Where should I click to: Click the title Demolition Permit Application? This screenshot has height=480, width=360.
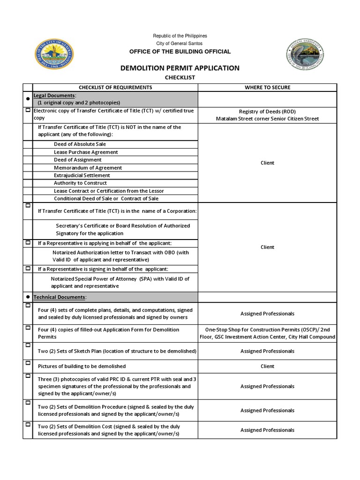coord(180,68)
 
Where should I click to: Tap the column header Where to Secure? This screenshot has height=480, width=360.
coord(267,87)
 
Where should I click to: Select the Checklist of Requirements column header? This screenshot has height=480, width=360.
coord(115,87)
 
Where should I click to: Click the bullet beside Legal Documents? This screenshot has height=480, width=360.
coord(28,99)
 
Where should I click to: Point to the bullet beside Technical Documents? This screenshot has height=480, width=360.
coord(28,297)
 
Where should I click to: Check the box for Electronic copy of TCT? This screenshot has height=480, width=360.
coord(28,111)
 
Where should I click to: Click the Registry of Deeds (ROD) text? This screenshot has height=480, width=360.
coord(267,112)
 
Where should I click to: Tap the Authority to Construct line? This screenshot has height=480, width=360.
coord(80,183)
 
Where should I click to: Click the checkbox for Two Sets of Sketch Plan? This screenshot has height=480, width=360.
coord(28,345)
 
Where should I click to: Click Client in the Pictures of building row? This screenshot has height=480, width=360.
coord(267,366)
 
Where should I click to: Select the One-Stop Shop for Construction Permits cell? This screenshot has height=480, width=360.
coord(267,333)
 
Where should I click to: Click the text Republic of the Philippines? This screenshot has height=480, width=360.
coord(180,36)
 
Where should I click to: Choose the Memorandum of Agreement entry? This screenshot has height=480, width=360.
coord(88,167)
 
